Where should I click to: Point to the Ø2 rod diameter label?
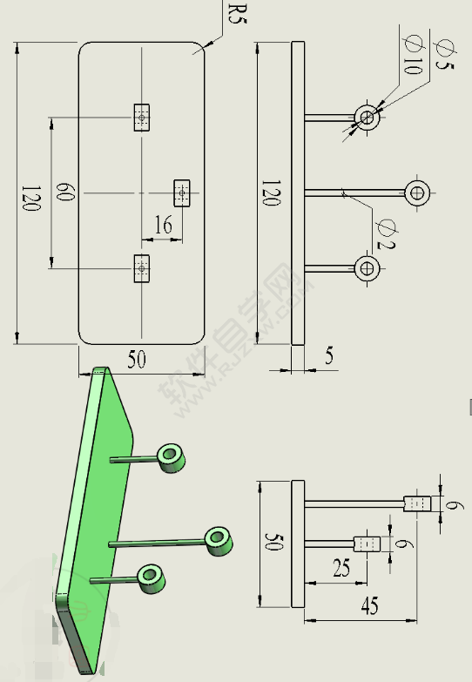pos(386,233)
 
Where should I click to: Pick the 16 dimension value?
pos(163,226)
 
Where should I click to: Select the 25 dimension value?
pos(341,569)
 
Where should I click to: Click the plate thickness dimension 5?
pos(328,355)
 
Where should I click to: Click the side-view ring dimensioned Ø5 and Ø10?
pos(367,117)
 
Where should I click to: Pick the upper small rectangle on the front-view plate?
pos(142,117)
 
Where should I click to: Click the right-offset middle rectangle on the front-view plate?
pos(181,192)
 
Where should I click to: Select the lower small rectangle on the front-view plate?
pos(141,268)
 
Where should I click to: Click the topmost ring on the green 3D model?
pos(171,456)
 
